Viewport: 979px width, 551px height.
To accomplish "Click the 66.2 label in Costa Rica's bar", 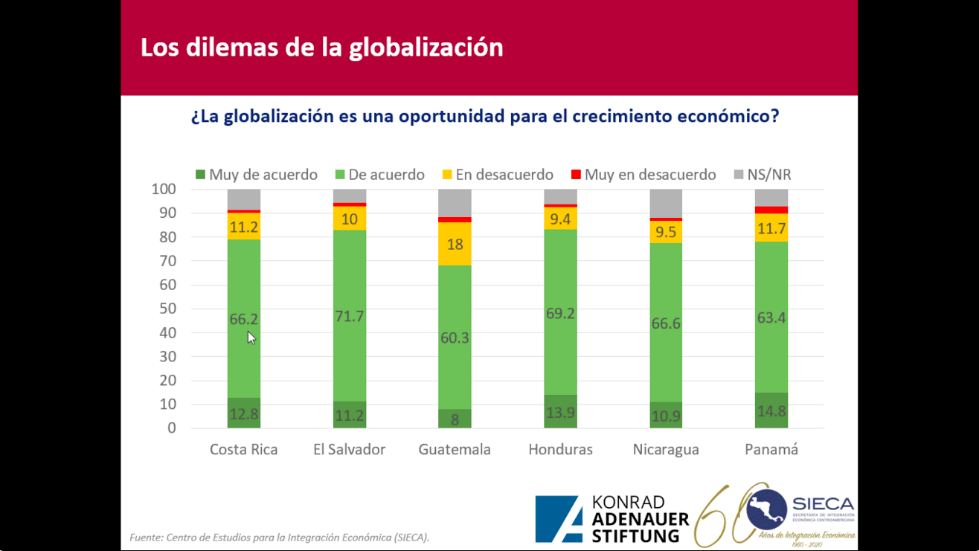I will pyautogui.click(x=243, y=319).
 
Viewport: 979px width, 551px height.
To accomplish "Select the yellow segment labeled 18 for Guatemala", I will pyautogui.click(x=455, y=244).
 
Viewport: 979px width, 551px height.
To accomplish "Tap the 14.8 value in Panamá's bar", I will pyautogui.click(x=771, y=411).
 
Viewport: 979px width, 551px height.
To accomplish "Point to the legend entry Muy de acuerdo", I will pyautogui.click(x=256, y=175).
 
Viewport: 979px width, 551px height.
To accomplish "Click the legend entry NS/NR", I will pyautogui.click(x=762, y=175).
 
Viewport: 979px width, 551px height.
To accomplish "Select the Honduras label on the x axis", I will pyautogui.click(x=560, y=449).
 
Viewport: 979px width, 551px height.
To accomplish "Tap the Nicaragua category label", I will pyautogui.click(x=665, y=449).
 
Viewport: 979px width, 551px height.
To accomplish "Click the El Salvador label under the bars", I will pyautogui.click(x=349, y=449).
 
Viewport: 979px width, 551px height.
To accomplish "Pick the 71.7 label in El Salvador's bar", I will pyautogui.click(x=349, y=316).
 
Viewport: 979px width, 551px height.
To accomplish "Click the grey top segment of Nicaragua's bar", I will pyautogui.click(x=666, y=202).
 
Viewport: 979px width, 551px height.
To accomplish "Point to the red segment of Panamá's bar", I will pyautogui.click(x=771, y=210).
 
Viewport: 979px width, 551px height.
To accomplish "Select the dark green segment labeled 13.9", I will pyautogui.click(x=560, y=411).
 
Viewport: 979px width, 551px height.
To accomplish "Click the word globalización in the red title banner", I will pyautogui.click(x=426, y=47).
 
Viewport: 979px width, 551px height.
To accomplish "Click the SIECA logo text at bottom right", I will pyautogui.click(x=822, y=504).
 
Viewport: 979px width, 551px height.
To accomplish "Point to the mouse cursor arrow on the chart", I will pyautogui.click(x=251, y=337).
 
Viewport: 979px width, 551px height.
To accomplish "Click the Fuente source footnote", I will pyautogui.click(x=279, y=537).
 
